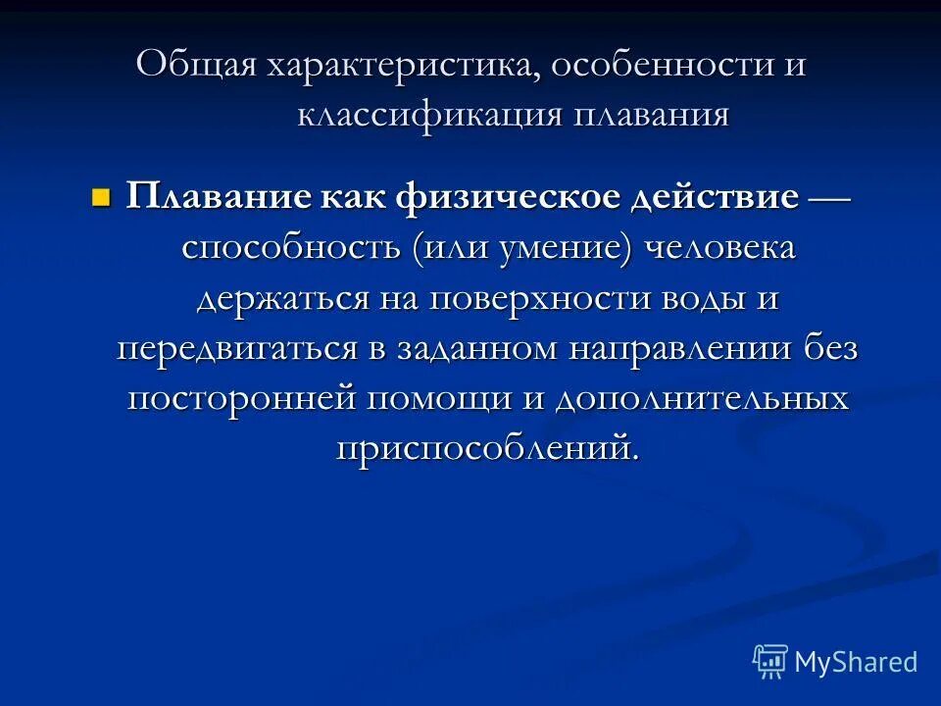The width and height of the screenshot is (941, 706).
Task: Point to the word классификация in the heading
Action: point(431,116)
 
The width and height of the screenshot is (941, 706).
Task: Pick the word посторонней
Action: point(241,399)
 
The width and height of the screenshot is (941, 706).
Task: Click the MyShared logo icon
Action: point(771,661)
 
